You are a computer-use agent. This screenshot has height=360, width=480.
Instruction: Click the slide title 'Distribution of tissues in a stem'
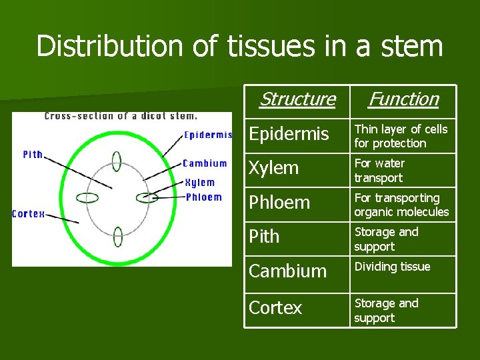pos(239,47)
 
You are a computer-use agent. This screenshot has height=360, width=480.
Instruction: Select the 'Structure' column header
pos(297,99)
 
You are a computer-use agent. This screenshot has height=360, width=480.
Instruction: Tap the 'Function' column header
pos(403,99)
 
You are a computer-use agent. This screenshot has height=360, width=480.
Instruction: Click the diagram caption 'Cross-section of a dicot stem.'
pos(121,116)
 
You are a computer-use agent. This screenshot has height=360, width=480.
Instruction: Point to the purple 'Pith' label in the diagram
pos(33,154)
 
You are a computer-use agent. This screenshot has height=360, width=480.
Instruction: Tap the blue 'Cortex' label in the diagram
pos(29,214)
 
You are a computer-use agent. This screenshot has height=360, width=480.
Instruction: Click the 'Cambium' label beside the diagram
pos(205,163)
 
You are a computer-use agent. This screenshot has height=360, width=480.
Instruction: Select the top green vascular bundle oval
pos(117,161)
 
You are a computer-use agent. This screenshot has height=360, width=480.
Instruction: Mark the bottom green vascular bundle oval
pos(118,236)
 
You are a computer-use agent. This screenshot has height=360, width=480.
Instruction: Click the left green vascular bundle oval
pos(87,197)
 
